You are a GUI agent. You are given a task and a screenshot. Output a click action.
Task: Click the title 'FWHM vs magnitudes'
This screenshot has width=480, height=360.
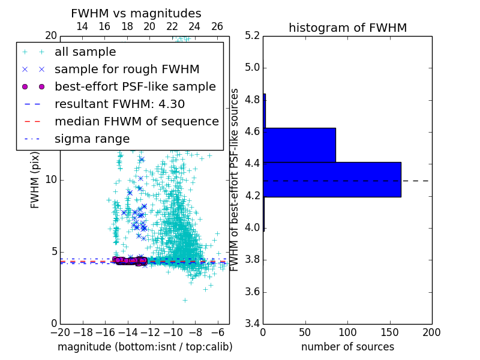pyautogui.click(x=136, y=13)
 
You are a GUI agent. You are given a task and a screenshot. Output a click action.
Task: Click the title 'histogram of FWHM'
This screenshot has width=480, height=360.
pyautogui.click(x=347, y=28)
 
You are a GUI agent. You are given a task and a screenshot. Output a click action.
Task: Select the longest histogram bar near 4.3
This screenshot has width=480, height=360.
pyautogui.click(x=332, y=179)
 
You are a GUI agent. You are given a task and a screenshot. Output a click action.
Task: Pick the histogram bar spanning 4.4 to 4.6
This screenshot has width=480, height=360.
pyautogui.click(x=299, y=145)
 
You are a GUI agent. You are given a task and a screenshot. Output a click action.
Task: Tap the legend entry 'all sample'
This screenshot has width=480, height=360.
pyautogui.click(x=85, y=52)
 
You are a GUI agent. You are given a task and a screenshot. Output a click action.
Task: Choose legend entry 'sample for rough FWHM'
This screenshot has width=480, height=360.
pyautogui.click(x=127, y=69)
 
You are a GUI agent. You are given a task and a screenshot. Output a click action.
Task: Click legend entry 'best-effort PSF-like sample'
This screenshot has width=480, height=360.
pyautogui.click(x=135, y=86)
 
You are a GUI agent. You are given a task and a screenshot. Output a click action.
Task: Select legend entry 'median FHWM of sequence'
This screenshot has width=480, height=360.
pyautogui.click(x=136, y=121)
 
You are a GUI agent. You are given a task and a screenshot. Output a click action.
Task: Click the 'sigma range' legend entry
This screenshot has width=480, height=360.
pyautogui.click(x=92, y=139)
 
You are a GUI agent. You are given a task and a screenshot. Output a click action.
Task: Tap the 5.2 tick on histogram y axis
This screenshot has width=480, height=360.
pyautogui.click(x=252, y=35)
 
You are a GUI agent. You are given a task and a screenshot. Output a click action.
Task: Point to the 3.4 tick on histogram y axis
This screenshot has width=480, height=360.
pyautogui.click(x=252, y=324)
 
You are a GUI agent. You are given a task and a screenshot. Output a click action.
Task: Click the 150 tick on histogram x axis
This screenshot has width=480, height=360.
pyautogui.click(x=389, y=332)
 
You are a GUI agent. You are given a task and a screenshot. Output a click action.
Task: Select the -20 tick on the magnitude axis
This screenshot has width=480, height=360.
pyautogui.click(x=60, y=332)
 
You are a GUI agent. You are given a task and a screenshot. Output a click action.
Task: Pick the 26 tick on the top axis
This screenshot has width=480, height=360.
pyautogui.click(x=217, y=26)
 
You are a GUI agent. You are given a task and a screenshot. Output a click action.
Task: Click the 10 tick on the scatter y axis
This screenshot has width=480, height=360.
pyautogui.click(x=51, y=180)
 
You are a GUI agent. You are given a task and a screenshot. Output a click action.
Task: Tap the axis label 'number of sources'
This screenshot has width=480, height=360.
pyautogui.click(x=347, y=347)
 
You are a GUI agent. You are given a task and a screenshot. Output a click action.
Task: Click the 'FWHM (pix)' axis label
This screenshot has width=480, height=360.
pyautogui.click(x=35, y=180)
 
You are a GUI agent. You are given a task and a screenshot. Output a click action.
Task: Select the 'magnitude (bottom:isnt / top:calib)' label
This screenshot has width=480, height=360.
pyautogui.click(x=145, y=347)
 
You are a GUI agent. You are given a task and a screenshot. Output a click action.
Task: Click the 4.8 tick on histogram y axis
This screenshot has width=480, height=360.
pyautogui.click(x=252, y=100)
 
